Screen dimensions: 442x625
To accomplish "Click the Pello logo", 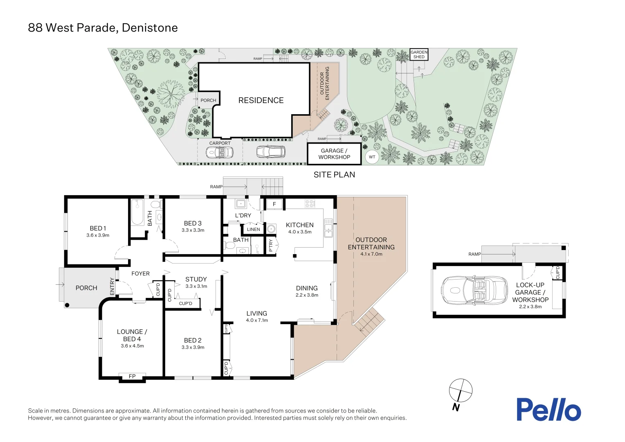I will click(x=548, y=409).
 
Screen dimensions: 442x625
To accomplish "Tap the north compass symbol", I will click(x=461, y=391).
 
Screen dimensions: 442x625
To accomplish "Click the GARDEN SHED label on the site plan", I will click(x=419, y=54).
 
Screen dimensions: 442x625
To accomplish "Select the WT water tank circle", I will click(x=372, y=157).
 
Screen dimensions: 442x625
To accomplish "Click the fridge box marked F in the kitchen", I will click(x=274, y=204).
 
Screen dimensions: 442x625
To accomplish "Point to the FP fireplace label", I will click(x=132, y=377).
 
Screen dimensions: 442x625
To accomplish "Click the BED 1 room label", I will click(x=98, y=228).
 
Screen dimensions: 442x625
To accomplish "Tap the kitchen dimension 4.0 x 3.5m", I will click(x=300, y=232).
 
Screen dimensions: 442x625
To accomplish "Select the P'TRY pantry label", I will click(x=271, y=246).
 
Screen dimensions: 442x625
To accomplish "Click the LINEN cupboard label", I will click(x=253, y=229).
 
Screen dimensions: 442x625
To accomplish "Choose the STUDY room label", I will click(x=196, y=279).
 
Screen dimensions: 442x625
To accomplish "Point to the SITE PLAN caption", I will click(x=334, y=175).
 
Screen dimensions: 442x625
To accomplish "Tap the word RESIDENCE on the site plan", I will click(x=261, y=100).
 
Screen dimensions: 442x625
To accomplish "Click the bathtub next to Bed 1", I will click(x=137, y=212).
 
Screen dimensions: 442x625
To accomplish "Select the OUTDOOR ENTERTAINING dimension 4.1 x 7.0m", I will click(x=371, y=254).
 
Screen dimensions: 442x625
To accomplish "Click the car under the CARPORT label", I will click(x=220, y=153).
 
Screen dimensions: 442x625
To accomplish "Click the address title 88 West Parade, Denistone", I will click(x=103, y=28).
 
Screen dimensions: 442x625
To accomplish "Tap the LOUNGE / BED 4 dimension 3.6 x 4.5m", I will click(x=132, y=346).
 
